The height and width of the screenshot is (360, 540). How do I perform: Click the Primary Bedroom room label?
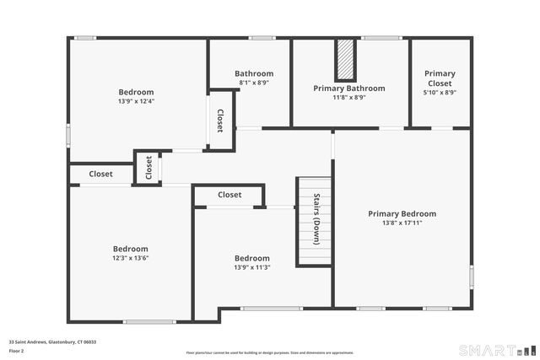point(402,213)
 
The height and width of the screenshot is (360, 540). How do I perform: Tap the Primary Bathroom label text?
point(348,88)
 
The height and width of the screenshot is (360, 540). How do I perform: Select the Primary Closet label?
point(440,78)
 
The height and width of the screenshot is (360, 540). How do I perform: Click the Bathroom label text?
point(254,73)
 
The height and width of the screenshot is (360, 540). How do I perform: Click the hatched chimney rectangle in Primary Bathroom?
point(344,59)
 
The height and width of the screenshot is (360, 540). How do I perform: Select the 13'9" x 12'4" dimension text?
point(136,101)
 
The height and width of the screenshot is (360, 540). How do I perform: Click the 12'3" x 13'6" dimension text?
point(131,258)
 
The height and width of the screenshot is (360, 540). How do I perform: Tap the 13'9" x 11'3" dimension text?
point(252,267)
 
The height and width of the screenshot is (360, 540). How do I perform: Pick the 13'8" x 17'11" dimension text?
point(402,223)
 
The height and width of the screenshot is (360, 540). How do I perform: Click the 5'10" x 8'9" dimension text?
point(440,93)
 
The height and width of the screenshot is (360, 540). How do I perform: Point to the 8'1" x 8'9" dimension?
point(254,83)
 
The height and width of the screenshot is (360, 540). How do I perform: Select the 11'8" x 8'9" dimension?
point(348,97)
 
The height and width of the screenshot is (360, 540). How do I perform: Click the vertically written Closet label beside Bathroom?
point(220,121)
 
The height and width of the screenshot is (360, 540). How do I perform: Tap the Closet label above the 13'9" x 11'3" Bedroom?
point(229,195)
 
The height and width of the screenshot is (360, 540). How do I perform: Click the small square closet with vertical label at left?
point(148,168)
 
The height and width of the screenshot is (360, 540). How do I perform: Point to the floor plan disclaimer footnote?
point(269,352)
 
